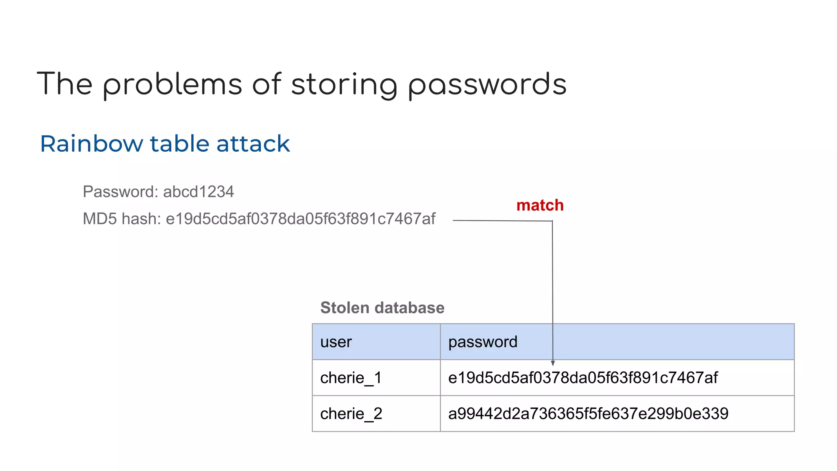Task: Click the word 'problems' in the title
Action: tap(172, 85)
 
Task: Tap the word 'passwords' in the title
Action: tap(487, 85)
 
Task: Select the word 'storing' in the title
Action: tap(344, 85)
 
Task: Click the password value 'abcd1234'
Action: tap(198, 192)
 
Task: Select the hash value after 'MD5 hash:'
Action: tap(300, 219)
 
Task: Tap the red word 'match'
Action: tap(539, 205)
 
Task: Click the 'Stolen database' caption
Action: tap(382, 307)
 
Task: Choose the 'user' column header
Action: tap(336, 342)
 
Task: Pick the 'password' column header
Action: tap(483, 342)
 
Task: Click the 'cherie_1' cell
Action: tap(351, 378)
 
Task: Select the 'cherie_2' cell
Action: tap(351, 414)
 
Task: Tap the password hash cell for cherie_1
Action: tap(583, 378)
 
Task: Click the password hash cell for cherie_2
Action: tap(588, 414)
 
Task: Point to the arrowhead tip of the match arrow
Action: tap(553, 365)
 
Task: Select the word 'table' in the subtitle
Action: tap(180, 144)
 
